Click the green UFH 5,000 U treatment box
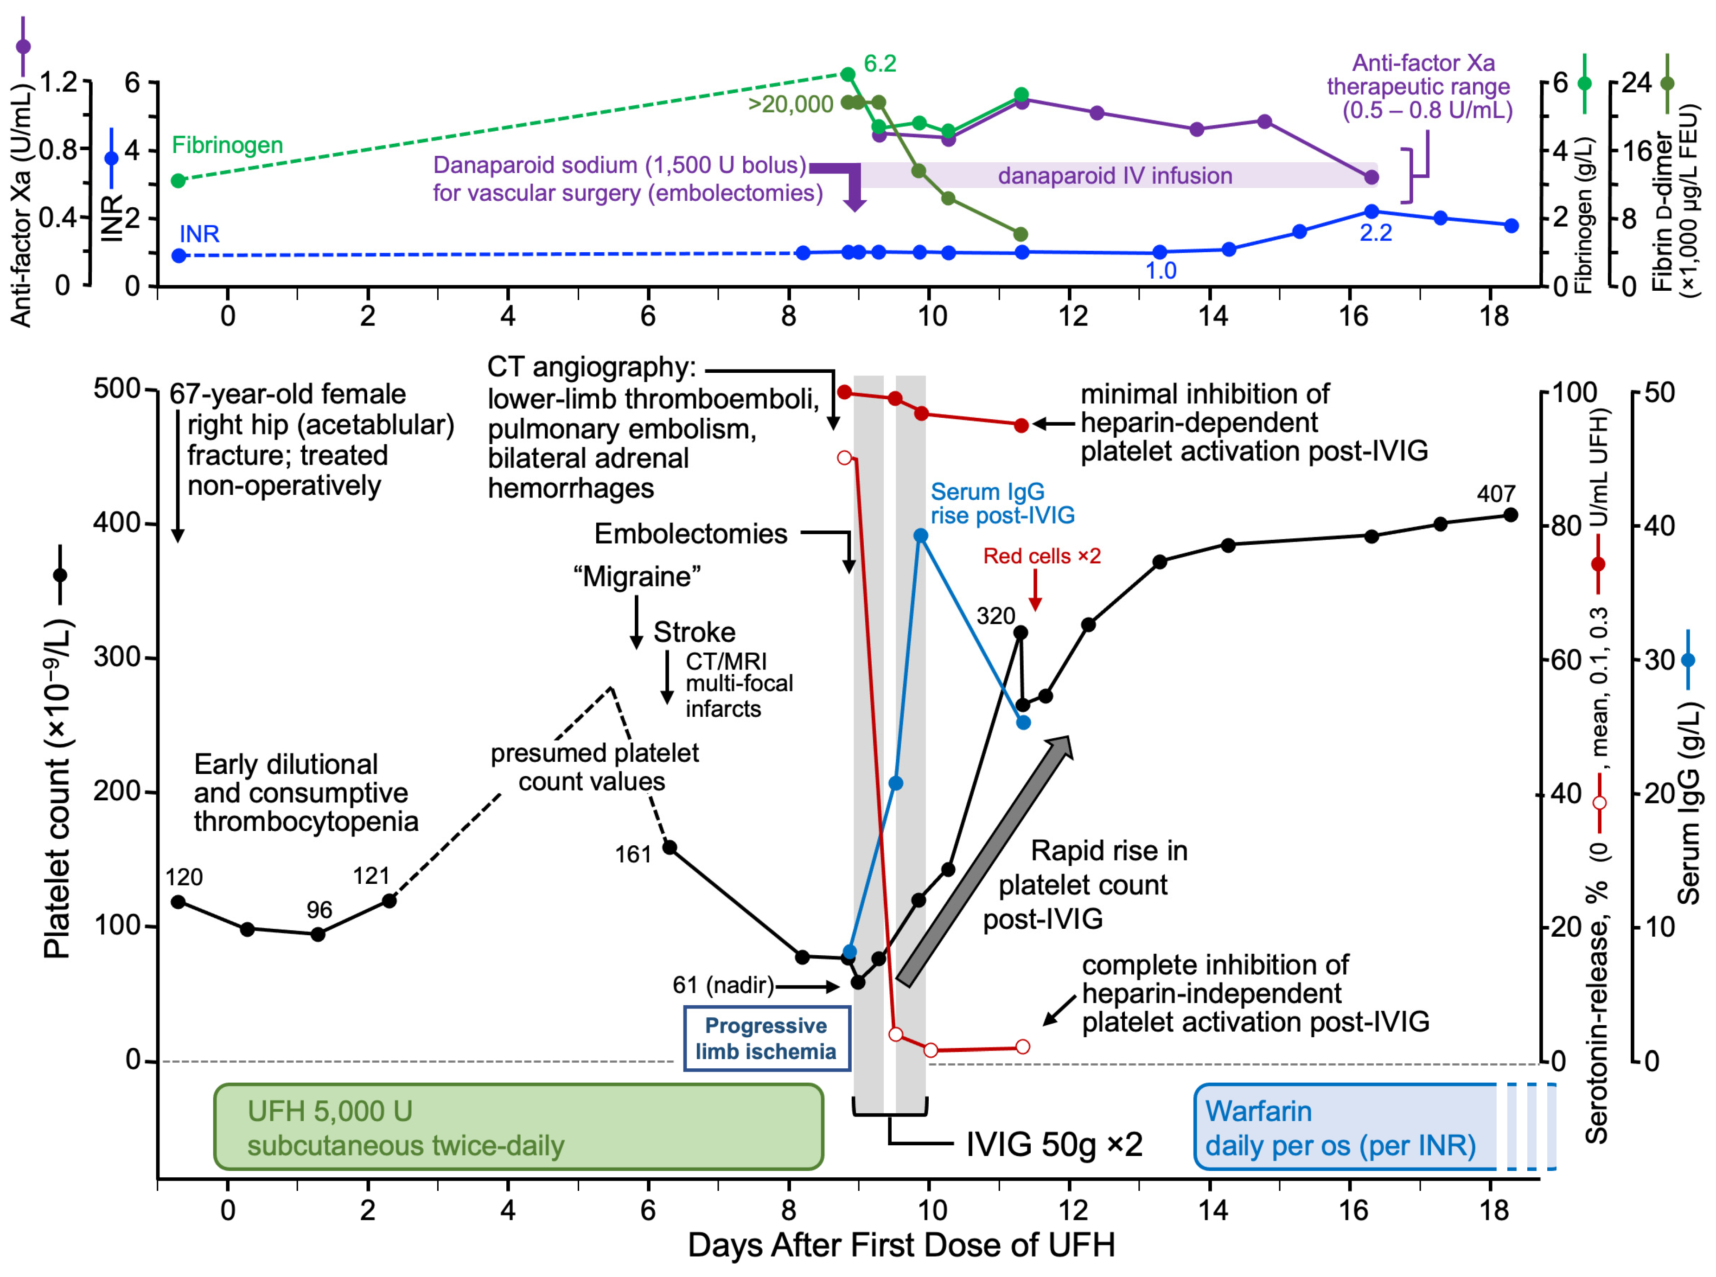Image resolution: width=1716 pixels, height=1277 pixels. pyautogui.click(x=518, y=1127)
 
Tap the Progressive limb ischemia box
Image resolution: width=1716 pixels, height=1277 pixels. pyautogui.click(x=766, y=1038)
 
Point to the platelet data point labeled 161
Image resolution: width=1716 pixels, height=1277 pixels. pyautogui.click(x=670, y=847)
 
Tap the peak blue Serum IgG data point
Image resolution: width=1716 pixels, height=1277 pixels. pyautogui.click(x=920, y=536)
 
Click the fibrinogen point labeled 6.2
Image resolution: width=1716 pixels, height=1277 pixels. pyautogui.click(x=848, y=74)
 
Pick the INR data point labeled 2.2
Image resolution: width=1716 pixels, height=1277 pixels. pyautogui.click(x=1372, y=211)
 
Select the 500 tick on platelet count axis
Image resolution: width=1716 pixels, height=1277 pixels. pyautogui.click(x=117, y=389)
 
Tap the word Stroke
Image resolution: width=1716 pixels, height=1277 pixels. pyautogui.click(x=694, y=632)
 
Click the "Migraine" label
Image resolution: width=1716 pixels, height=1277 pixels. pyautogui.click(x=637, y=577)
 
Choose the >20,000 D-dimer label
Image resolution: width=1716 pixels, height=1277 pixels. pyautogui.click(x=790, y=103)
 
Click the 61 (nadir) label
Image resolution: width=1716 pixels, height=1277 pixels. pyautogui.click(x=723, y=985)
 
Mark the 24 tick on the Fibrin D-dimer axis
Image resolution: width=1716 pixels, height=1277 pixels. pyautogui.click(x=1636, y=83)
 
